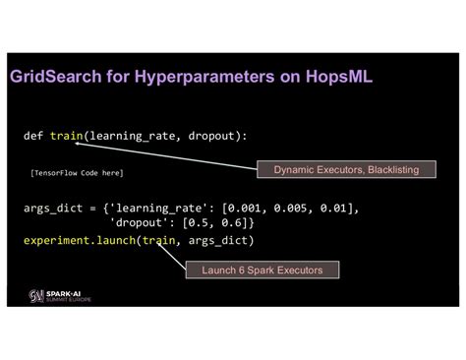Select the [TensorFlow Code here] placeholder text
tap(78, 172)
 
